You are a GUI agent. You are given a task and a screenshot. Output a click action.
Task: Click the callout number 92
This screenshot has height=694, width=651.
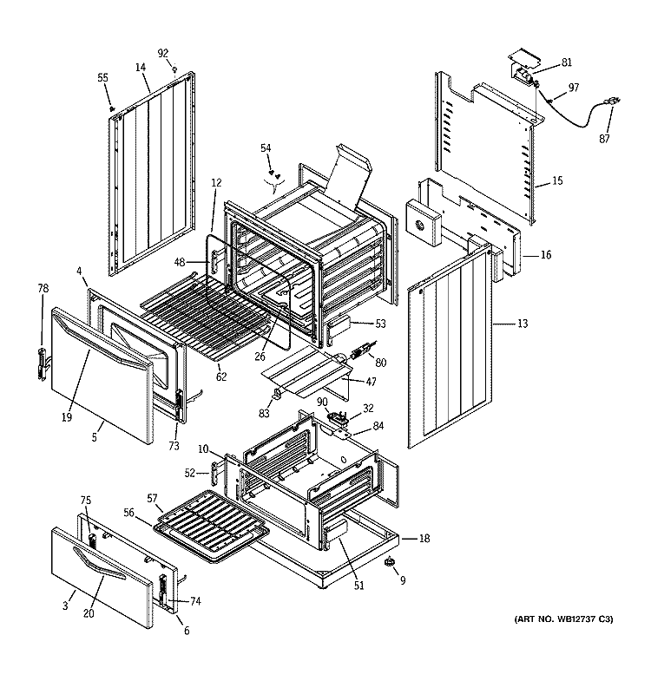coord(163,54)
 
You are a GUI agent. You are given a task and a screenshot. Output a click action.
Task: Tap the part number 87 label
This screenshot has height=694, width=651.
coord(604,139)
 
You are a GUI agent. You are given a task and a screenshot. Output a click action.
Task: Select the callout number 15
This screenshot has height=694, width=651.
coord(557,180)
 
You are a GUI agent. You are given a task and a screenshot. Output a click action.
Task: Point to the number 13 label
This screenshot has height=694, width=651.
coord(523,324)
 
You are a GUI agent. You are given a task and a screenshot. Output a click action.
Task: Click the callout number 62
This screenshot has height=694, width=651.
coord(221,376)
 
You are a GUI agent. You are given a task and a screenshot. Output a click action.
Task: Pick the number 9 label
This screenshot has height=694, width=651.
coord(403,580)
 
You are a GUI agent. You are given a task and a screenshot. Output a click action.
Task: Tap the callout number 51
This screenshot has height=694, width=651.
coord(358,585)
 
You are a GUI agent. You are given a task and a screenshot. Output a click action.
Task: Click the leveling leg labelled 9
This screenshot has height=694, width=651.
coord(389,561)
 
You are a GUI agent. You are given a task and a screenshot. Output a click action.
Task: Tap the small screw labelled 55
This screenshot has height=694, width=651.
coord(112,108)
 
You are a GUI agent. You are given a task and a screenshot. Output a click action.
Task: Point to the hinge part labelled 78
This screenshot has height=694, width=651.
coord(42,363)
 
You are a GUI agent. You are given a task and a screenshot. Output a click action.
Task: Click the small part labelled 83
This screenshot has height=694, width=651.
coord(276,393)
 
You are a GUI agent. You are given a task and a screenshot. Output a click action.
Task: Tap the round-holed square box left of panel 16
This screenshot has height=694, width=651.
coord(424,222)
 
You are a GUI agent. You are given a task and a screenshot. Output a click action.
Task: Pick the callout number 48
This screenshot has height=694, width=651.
coord(180,263)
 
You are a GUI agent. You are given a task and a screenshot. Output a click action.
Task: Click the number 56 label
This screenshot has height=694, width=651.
coord(128,513)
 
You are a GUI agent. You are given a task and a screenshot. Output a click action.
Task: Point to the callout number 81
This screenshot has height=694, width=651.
coord(567,62)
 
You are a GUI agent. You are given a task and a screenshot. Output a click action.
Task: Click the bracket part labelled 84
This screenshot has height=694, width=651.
coord(343,434)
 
